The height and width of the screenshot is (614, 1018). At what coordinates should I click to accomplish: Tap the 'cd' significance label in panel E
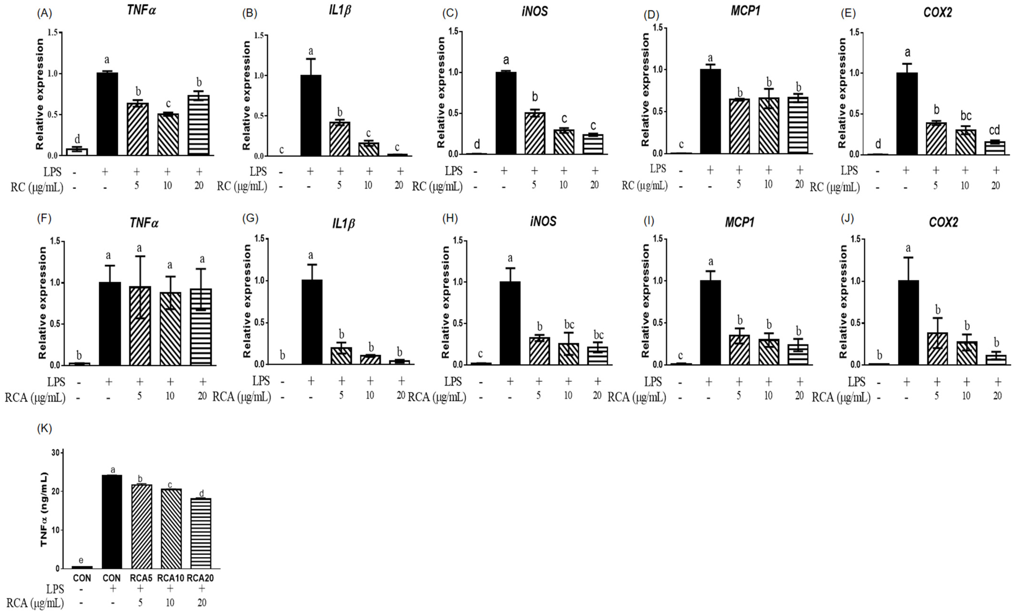tap(994, 131)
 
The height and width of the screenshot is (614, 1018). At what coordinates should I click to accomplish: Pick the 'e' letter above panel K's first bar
tap(81, 560)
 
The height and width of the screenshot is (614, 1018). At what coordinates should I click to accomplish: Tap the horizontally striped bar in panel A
tap(199, 126)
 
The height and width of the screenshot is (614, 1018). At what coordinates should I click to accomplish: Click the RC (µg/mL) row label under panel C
tap(437, 187)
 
